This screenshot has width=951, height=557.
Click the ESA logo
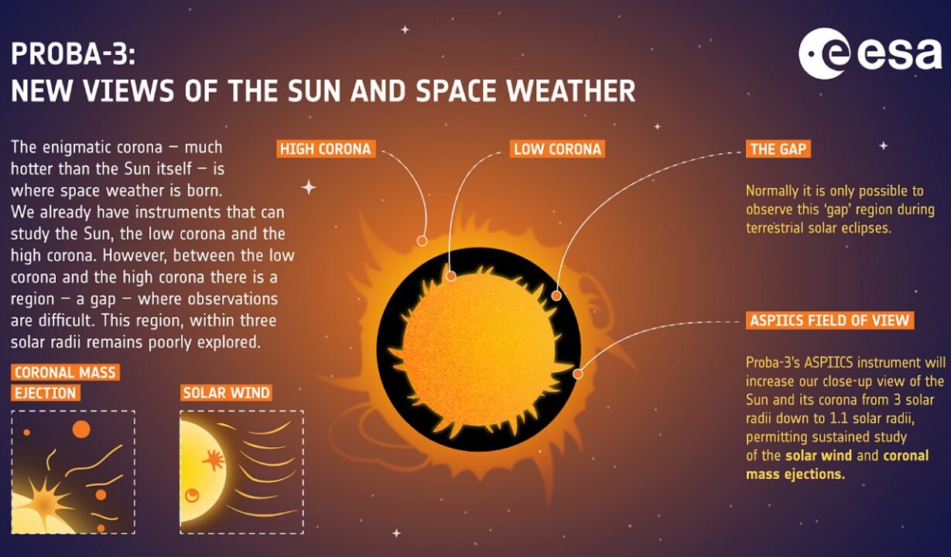[870, 53]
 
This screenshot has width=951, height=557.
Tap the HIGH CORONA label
[326, 149]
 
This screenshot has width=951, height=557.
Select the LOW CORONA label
[557, 149]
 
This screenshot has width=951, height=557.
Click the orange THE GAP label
[778, 149]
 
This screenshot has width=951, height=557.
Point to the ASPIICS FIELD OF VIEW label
[830, 320]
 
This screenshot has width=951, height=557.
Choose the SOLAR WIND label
[226, 393]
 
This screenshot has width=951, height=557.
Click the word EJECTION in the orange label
[46, 393]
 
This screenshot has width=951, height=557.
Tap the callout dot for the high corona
[422, 241]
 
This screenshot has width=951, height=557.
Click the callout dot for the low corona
[451, 276]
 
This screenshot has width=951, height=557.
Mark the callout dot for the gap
[556, 296]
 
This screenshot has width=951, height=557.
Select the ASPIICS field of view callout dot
[577, 374]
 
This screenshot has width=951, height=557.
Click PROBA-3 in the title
[73, 54]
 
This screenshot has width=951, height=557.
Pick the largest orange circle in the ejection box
[81, 429]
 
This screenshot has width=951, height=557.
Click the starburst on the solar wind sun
[213, 460]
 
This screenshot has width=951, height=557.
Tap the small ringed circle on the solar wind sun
[193, 495]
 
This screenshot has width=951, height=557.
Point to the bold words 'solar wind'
[819, 456]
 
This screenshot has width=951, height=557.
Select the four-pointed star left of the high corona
[309, 187]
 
